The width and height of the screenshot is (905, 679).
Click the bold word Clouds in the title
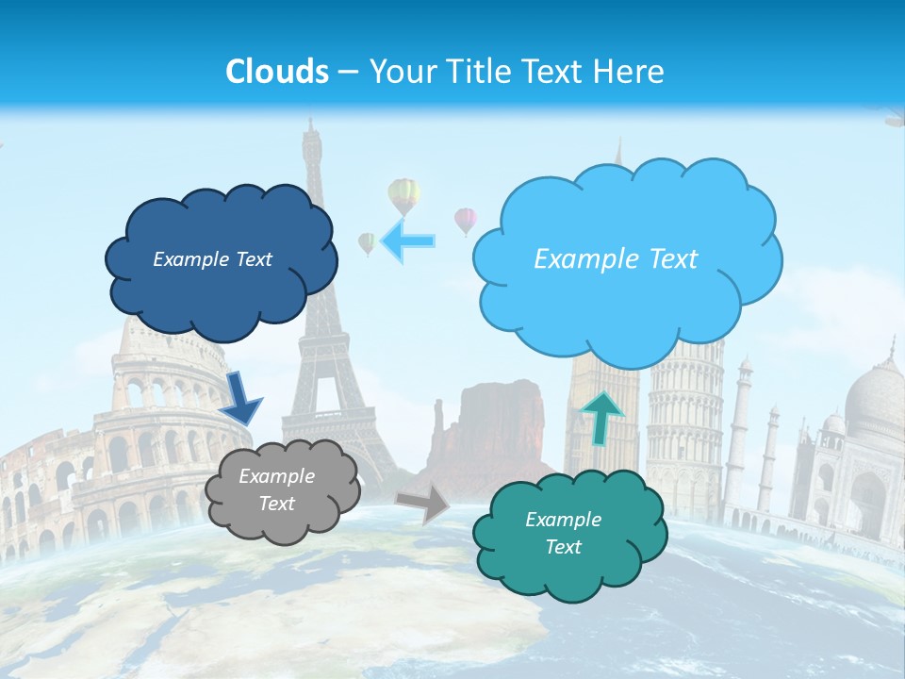click(x=277, y=71)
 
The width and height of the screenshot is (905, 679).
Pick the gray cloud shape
click(x=281, y=490)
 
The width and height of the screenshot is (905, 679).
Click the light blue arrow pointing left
click(x=409, y=241)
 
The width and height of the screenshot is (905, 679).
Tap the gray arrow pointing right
click(x=423, y=504)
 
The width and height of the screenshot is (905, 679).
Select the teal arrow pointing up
click(x=601, y=416)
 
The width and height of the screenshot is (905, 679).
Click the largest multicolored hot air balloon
click(x=403, y=194)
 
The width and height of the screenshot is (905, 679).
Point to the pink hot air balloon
click(x=466, y=220)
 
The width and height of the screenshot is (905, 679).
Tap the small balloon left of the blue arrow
click(x=367, y=242)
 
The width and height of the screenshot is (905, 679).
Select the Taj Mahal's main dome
click(x=873, y=396)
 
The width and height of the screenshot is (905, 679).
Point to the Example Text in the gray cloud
click(x=276, y=490)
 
